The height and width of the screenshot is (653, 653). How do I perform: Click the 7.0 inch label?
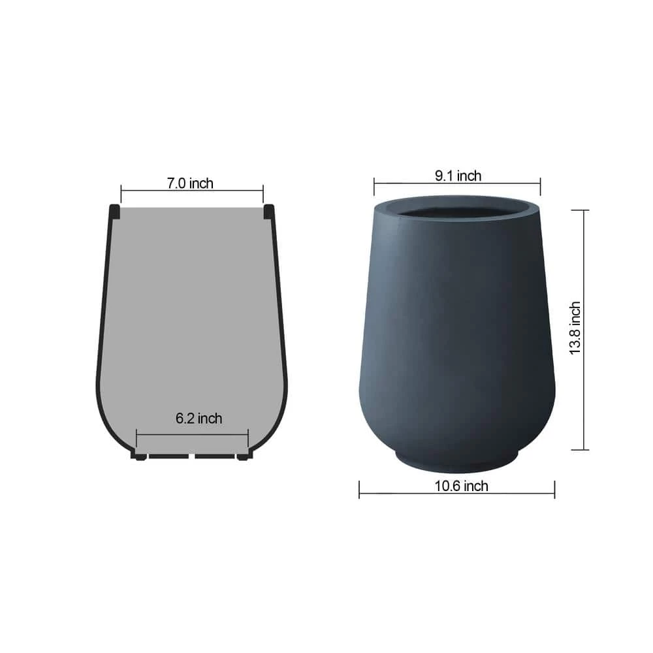(x=190, y=183)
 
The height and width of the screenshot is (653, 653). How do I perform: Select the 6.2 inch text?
(x=199, y=418)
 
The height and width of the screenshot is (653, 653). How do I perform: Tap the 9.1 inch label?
(x=458, y=176)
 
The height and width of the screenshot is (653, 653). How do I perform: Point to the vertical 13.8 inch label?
(x=575, y=328)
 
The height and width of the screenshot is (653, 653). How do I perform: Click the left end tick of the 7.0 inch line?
(x=121, y=194)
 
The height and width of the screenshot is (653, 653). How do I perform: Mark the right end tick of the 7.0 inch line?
(x=263, y=194)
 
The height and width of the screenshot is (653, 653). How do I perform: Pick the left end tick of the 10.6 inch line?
(x=359, y=489)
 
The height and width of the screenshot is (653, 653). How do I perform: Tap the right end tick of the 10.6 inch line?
(x=554, y=489)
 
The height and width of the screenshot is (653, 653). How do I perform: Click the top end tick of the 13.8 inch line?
(x=580, y=210)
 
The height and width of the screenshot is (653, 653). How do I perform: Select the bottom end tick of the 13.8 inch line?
(x=580, y=449)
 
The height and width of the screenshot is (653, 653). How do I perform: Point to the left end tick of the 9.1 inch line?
(x=374, y=187)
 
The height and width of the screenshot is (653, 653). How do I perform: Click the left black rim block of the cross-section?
(x=114, y=211)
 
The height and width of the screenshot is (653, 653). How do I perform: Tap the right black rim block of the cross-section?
(x=268, y=211)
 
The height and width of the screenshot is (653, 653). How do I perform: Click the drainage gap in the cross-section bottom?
(x=191, y=455)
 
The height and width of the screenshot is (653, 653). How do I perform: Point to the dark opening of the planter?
(x=456, y=213)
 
